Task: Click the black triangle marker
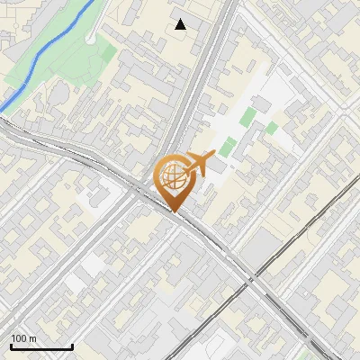click(x=181, y=24)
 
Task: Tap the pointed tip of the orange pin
click(x=174, y=211)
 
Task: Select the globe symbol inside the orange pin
click(x=173, y=175)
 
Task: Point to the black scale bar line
click(x=40, y=347)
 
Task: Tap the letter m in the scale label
click(x=33, y=338)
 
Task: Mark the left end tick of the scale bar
click(x=10, y=346)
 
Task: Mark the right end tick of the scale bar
click(x=72, y=346)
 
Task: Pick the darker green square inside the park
click(x=107, y=53)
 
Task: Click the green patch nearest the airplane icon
click(x=227, y=145)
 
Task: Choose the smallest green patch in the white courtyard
click(x=271, y=128)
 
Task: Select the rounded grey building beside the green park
click(x=55, y=94)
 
